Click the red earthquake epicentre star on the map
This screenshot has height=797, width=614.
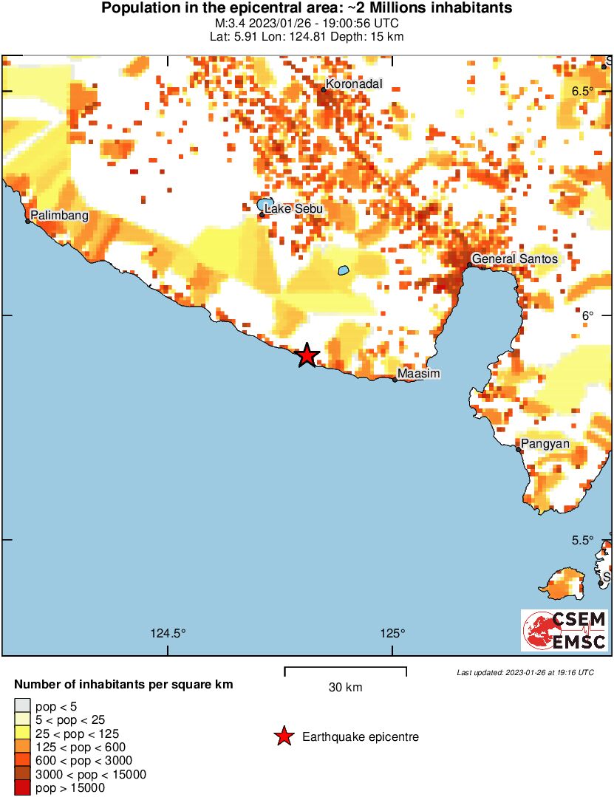pyautogui.click(x=307, y=356)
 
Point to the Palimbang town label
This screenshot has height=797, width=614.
pyautogui.click(x=59, y=216)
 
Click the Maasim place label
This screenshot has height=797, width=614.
pyautogui.click(x=418, y=374)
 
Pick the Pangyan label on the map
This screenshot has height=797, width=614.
pyautogui.click(x=545, y=444)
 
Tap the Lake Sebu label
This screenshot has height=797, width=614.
pyautogui.click(x=293, y=209)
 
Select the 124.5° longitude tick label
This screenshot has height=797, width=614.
pyautogui.click(x=168, y=633)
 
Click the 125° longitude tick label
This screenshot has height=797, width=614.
pyautogui.click(x=392, y=633)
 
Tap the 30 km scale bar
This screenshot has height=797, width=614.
pyautogui.click(x=345, y=671)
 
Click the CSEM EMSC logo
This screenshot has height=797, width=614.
pyautogui.click(x=564, y=630)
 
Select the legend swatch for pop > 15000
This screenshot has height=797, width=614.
pyautogui.click(x=23, y=788)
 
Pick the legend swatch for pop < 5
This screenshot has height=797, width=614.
pyautogui.click(x=23, y=707)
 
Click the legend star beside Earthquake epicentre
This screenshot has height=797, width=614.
pyautogui.click(x=283, y=736)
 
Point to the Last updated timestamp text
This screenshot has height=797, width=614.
pyautogui.click(x=525, y=673)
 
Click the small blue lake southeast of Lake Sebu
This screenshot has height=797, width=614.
pyautogui.click(x=344, y=270)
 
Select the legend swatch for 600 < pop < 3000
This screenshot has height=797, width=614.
pyautogui.click(x=23, y=761)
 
